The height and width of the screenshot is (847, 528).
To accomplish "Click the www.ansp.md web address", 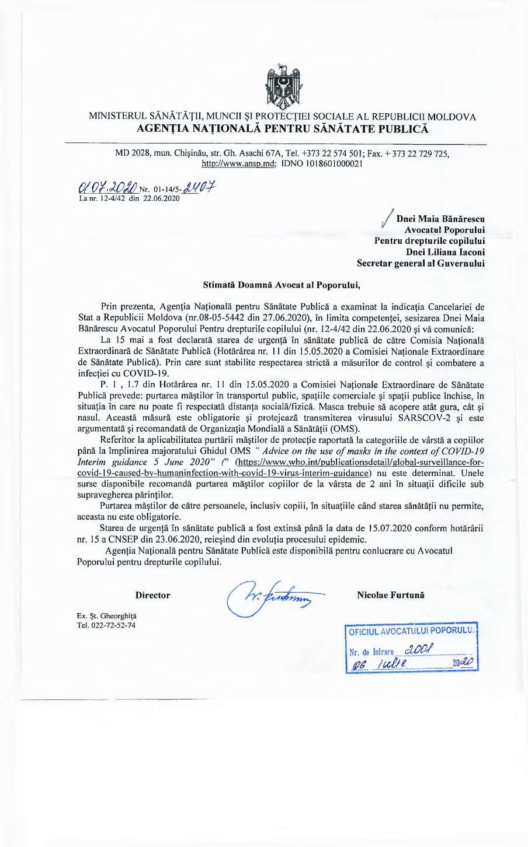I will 238,164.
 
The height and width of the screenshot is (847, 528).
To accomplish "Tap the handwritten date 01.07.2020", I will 108,188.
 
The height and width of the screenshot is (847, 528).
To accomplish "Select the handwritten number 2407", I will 199,187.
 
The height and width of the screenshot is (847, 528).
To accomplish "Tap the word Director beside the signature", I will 152,596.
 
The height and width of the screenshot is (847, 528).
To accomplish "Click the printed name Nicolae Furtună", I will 391,596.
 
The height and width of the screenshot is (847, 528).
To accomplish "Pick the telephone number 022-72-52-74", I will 113,625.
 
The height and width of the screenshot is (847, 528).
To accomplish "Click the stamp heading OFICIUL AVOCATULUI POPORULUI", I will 411,631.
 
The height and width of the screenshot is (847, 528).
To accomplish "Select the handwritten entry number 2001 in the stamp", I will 419,649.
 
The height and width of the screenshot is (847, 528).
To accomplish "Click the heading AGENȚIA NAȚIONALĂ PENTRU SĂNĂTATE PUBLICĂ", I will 282,129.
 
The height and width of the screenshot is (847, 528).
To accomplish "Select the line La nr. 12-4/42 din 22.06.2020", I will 129,198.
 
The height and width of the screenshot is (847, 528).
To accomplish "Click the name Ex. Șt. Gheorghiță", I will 106,616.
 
